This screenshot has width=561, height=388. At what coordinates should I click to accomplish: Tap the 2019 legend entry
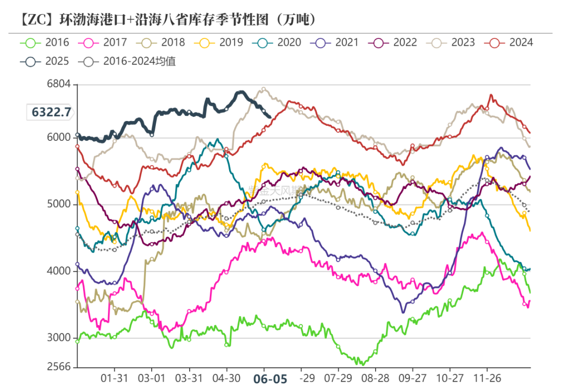pos(218,43)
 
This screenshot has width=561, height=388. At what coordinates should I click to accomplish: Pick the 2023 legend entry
pos(450,43)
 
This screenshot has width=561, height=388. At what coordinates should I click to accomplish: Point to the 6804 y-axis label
pos(59,84)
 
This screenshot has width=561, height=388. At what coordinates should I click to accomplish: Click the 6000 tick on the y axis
pos(59,138)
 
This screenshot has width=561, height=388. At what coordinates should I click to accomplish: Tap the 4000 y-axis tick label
pos(59,271)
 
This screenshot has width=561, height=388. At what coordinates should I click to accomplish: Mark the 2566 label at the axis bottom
pos(59,367)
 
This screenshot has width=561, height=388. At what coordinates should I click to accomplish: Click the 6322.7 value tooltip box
pos(50,112)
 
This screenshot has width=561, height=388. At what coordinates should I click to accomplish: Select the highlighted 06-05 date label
pos(270,379)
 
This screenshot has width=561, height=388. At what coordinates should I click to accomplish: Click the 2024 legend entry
pos(508,43)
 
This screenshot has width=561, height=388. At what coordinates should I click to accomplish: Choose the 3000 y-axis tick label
pos(59,338)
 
